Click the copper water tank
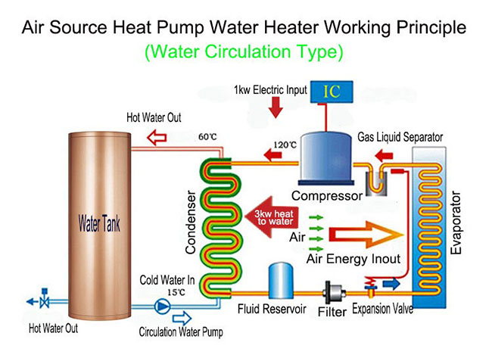click(99, 225)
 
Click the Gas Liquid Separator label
click(400, 137)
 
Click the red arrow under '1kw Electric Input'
click(276, 107)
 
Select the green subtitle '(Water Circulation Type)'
click(244, 52)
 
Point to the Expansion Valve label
click(382, 311)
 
